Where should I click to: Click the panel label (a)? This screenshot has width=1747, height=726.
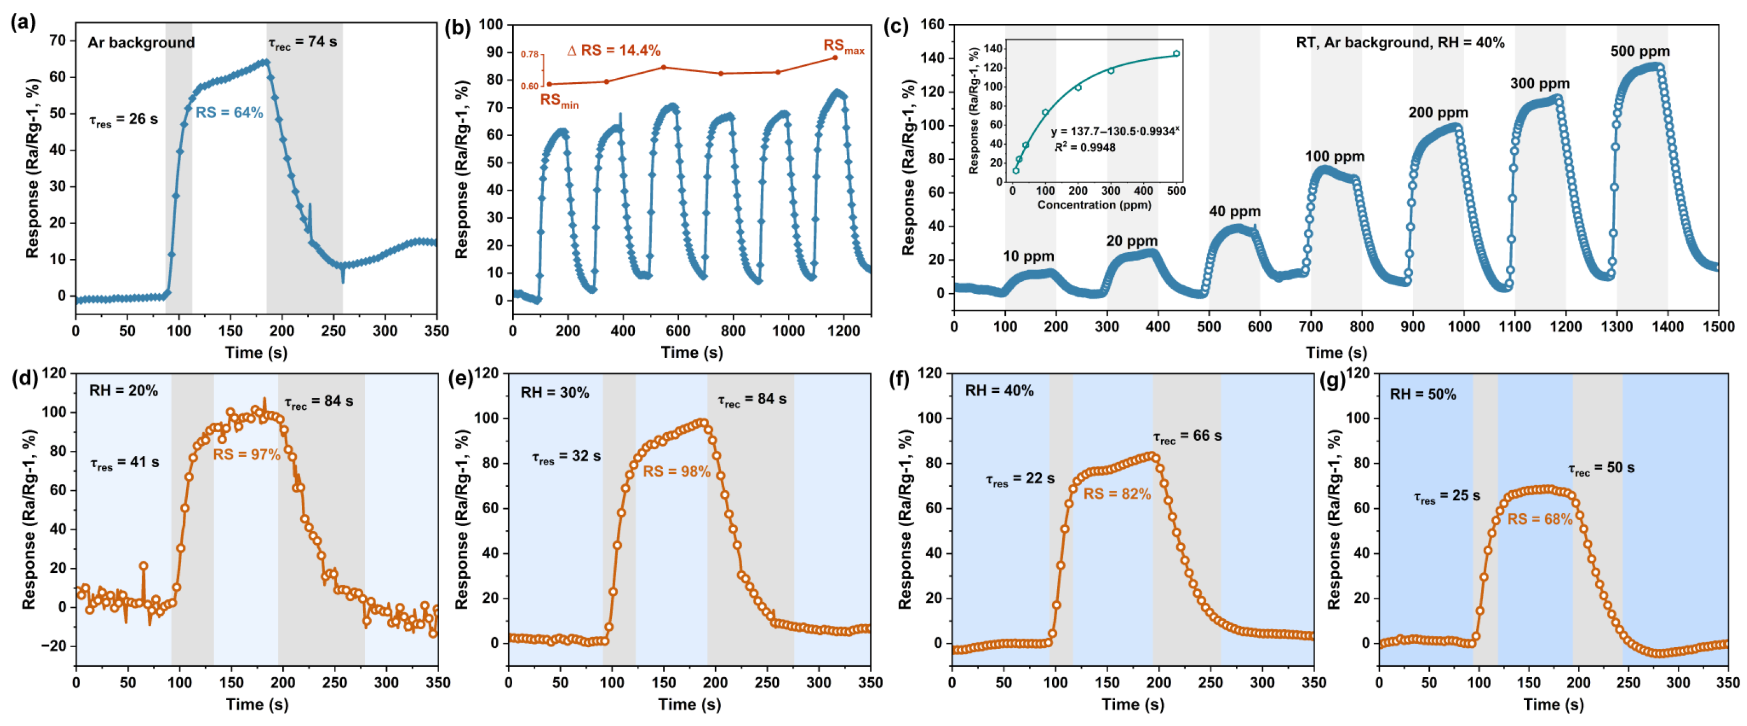[x=23, y=23]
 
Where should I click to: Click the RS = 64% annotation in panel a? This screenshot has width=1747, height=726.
[x=229, y=113]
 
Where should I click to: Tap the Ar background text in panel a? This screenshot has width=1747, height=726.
[x=141, y=43]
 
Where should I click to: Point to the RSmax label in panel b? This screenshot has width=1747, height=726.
[x=843, y=46]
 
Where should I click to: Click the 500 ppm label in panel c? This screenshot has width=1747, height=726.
[x=1639, y=52]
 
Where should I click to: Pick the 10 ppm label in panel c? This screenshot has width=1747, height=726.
[x=1028, y=256]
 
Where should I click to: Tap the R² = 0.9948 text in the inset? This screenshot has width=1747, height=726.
[x=1085, y=147]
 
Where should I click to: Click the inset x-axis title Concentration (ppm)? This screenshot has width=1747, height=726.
[x=1094, y=204]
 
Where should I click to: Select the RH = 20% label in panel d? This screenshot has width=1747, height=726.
[x=124, y=391]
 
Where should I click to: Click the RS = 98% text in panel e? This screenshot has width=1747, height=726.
[x=676, y=472]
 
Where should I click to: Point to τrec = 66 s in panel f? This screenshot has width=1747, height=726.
[x=1187, y=436]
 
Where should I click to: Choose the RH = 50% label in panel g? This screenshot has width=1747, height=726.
[x=1423, y=394]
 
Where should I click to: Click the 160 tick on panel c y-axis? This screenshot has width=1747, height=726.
[x=932, y=24]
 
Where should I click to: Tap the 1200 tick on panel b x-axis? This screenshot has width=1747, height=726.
[x=843, y=330]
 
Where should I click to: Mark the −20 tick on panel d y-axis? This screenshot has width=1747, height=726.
[x=53, y=646]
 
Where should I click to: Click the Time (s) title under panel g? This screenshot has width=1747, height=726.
[x=1553, y=704]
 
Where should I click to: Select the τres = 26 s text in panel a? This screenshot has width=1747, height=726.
[x=124, y=119]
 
